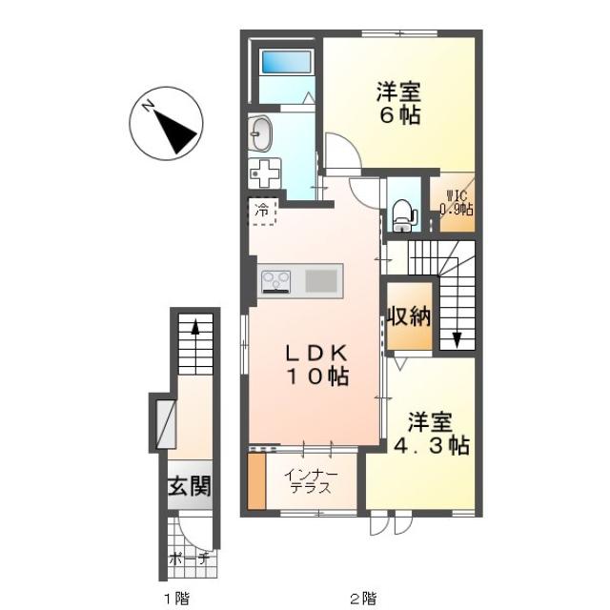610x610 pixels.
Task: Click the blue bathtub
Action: coord(286,62)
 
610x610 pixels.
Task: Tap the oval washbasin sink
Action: coord(260,133)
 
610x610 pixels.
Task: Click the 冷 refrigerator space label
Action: coord(262,211)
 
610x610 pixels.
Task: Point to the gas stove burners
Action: coord(276,281)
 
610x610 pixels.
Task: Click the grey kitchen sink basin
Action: coord(321,281)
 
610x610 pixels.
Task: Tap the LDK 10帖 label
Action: coord(316,365)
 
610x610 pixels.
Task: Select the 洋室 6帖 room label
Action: coord(399,103)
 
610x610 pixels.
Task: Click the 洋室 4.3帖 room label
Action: coord(431,434)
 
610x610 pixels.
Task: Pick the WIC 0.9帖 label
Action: coord(457,203)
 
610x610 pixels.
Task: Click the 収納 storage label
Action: coord(409,316)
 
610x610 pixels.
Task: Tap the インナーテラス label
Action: coord(311,481)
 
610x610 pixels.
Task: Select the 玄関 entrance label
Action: coord(190,486)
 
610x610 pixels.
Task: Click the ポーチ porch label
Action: coord(189,559)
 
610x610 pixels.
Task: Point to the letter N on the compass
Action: coord(148,105)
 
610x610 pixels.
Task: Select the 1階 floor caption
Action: coord(176,598)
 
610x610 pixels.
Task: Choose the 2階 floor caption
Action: coord(363,598)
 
